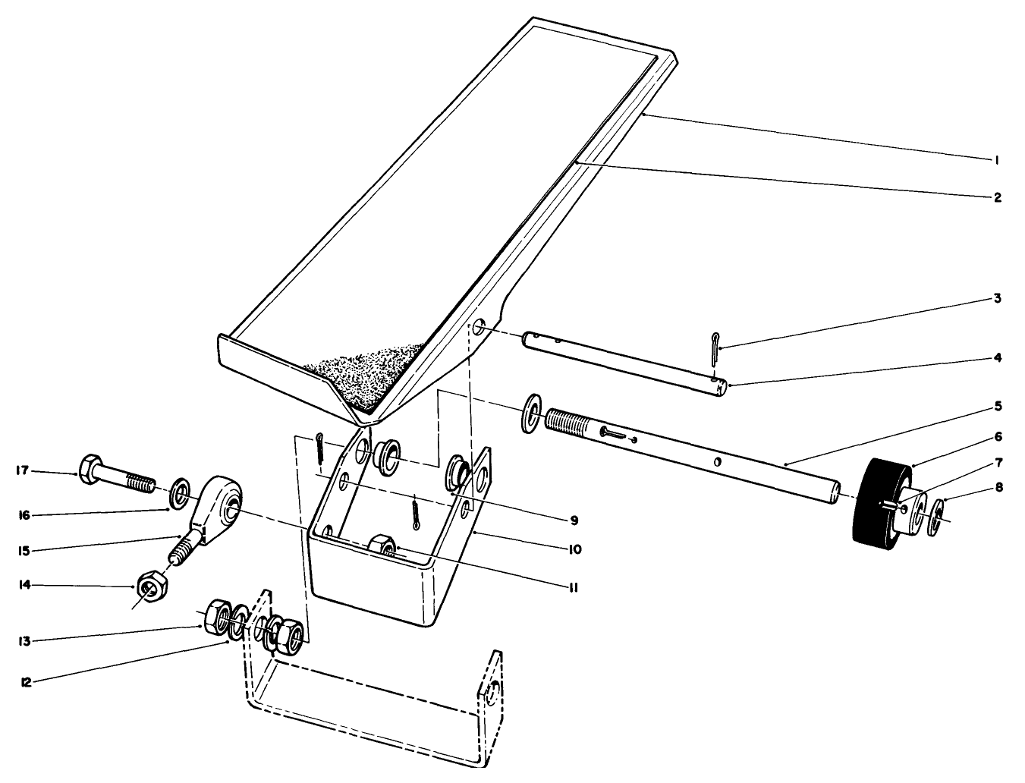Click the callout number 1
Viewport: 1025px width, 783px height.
[x=997, y=159]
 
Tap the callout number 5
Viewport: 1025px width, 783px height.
[x=998, y=406]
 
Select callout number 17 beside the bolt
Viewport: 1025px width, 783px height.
[x=23, y=470]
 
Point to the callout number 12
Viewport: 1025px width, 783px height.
[x=25, y=681]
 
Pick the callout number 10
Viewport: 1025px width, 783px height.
[x=574, y=549]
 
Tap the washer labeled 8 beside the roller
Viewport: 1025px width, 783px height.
[x=937, y=517]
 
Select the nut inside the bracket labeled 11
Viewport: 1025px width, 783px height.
[x=383, y=546]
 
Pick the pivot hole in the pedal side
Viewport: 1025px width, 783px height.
[x=478, y=329]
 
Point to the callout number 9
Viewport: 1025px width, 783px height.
[x=574, y=520]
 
